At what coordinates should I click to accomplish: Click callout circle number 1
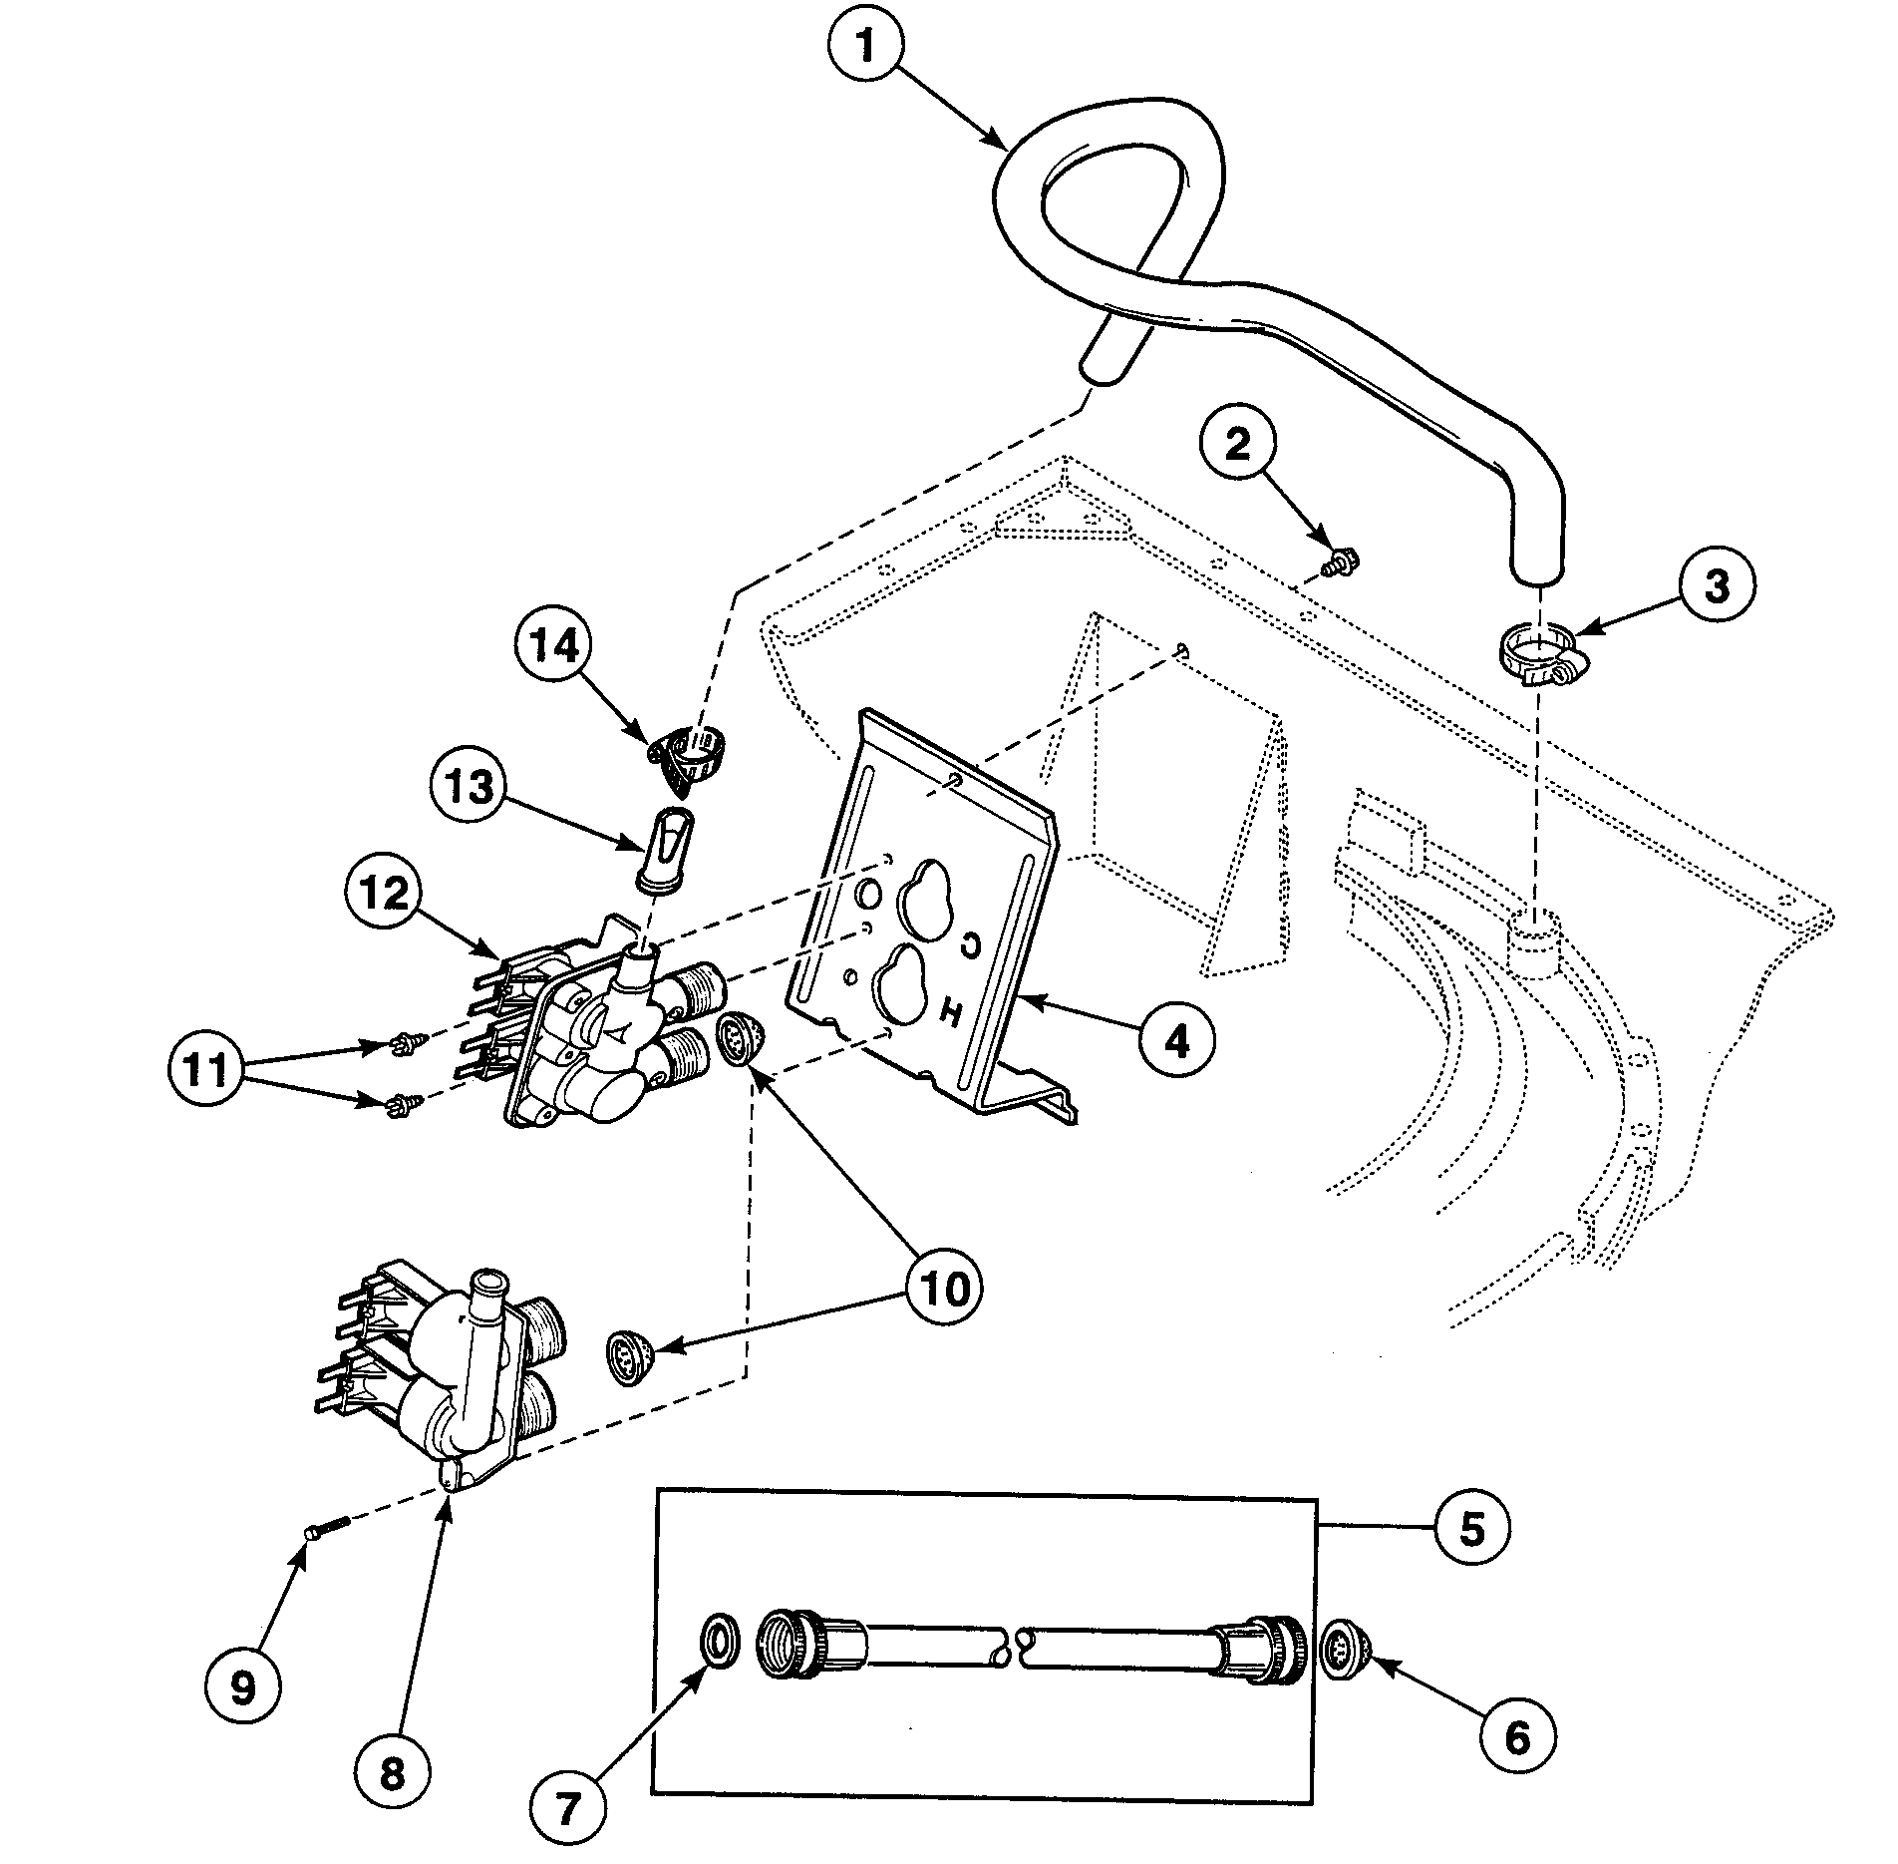[865, 47]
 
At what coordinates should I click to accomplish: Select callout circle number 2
[1237, 445]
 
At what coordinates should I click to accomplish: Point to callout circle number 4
[1177, 1042]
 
